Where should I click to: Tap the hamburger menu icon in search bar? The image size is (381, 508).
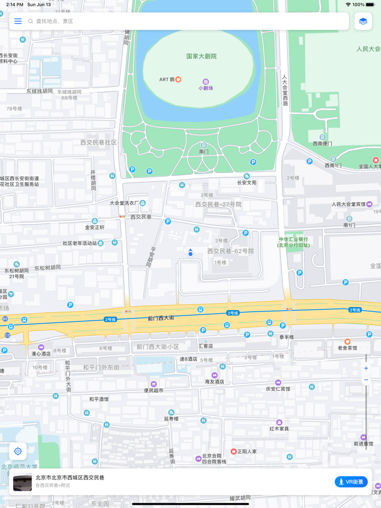(x=18, y=21)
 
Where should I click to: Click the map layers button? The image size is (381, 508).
(x=363, y=21)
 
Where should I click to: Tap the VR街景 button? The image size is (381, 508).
(x=351, y=482)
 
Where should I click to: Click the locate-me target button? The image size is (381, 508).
(x=18, y=451)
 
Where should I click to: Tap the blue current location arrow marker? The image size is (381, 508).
(x=190, y=253)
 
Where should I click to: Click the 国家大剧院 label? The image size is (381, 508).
(x=201, y=56)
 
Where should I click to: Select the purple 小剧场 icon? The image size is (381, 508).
(x=206, y=82)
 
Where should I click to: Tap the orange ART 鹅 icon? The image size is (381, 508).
(x=178, y=79)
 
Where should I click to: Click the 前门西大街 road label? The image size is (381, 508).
(x=161, y=318)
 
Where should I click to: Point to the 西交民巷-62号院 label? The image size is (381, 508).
(x=230, y=251)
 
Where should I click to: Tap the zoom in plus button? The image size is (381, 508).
(x=366, y=368)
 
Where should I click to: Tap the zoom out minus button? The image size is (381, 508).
(x=366, y=380)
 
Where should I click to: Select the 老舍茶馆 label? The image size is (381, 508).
(x=347, y=348)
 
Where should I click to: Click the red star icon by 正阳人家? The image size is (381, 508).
(x=233, y=451)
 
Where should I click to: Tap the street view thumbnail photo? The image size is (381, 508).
(x=22, y=482)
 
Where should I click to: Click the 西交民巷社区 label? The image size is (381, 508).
(x=99, y=142)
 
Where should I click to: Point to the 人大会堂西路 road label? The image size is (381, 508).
(x=285, y=90)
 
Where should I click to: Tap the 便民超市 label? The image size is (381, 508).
(x=153, y=390)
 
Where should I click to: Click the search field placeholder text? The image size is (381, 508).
(x=54, y=21)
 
